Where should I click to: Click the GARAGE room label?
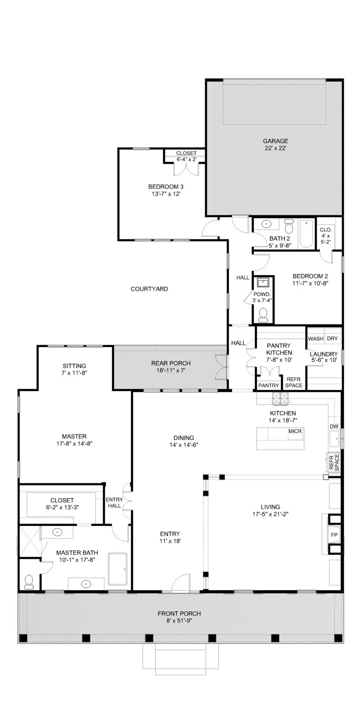tap(275, 141)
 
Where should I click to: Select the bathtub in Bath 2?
tap(306, 234)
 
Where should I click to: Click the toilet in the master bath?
tap(29, 582)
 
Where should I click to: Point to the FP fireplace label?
tap(334, 535)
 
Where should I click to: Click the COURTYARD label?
tap(149, 289)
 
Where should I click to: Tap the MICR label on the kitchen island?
tap(295, 431)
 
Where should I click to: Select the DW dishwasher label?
tap(334, 426)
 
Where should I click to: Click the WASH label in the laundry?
tap(316, 339)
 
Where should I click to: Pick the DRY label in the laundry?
tap(332, 339)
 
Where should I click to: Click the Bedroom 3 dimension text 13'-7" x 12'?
tap(166, 194)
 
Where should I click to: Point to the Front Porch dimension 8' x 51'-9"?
tap(179, 620)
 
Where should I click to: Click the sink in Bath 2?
tap(267, 224)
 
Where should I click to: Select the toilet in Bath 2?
tap(289, 227)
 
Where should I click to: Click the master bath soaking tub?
tap(118, 569)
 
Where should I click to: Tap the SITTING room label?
tap(74, 366)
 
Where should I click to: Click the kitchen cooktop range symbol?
tap(280, 399)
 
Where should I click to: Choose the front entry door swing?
tap(181, 583)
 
